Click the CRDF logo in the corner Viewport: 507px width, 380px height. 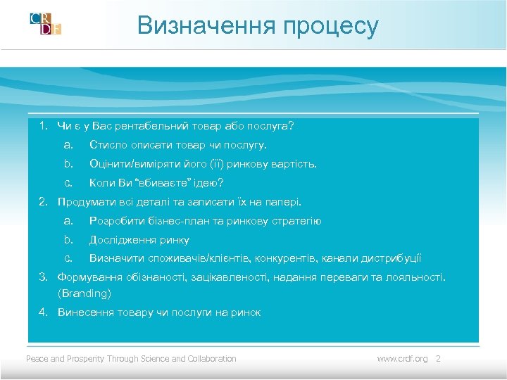tap(46, 23)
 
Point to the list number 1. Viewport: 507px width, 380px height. tap(42, 127)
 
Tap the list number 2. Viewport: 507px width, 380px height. tap(42, 202)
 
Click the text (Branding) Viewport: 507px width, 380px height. tap(84, 293)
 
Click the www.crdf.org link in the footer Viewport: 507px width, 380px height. tap(402, 359)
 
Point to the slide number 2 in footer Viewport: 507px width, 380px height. tap(438, 359)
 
